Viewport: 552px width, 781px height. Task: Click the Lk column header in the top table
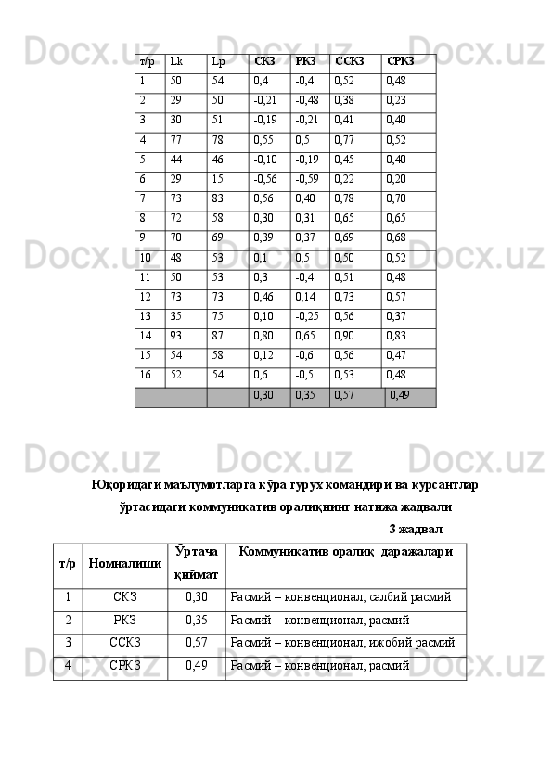(x=176, y=62)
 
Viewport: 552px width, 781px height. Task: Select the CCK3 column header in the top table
(x=350, y=62)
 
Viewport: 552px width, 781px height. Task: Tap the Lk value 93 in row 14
(x=176, y=335)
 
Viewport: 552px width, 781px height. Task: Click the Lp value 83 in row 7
(x=218, y=198)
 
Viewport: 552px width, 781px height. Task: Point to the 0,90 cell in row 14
(x=344, y=335)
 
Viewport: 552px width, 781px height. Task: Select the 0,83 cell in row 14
(x=396, y=335)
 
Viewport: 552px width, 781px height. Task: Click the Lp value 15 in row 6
(x=217, y=179)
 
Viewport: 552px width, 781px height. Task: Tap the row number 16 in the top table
(x=146, y=374)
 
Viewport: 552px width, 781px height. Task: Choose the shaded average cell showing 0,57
(x=344, y=396)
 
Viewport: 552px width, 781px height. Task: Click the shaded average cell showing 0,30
(x=263, y=396)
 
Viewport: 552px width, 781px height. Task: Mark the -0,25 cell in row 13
(x=307, y=315)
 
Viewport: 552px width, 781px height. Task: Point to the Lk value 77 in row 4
(x=176, y=140)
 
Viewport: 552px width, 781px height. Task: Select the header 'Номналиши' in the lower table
(x=124, y=563)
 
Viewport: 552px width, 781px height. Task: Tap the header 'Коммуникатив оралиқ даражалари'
(x=345, y=552)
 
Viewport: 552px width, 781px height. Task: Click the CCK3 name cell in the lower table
(x=125, y=640)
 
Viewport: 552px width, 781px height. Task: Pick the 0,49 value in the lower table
(x=196, y=665)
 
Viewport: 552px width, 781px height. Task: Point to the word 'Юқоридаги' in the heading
(x=124, y=485)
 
